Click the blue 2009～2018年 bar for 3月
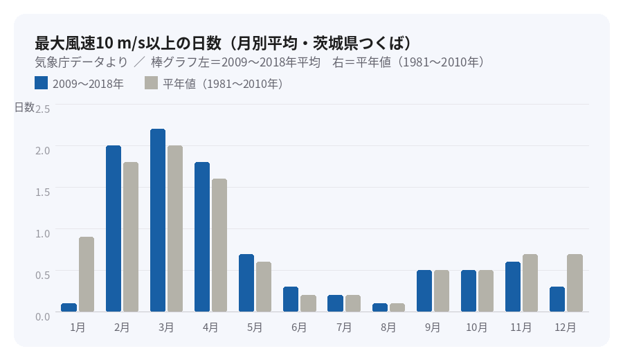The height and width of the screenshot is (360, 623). click(x=158, y=220)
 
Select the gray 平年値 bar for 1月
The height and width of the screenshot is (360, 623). click(x=87, y=274)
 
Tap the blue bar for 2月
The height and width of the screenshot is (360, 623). click(x=114, y=228)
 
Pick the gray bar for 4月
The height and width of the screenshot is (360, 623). click(x=219, y=245)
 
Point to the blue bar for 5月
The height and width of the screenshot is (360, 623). click(x=246, y=283)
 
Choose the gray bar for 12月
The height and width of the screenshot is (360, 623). click(x=575, y=283)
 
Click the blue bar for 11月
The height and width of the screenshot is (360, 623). click(x=513, y=287)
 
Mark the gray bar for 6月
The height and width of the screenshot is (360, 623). click(x=308, y=303)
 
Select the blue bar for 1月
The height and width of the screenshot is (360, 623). click(x=69, y=307)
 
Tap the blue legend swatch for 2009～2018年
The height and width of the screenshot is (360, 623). click(x=41, y=83)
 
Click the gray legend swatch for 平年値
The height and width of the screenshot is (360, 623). click(x=152, y=83)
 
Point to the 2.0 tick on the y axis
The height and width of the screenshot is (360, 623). click(x=43, y=150)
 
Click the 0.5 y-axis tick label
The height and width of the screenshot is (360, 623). click(x=43, y=274)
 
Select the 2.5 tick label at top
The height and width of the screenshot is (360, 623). click(x=43, y=109)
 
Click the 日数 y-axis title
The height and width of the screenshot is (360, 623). click(x=24, y=107)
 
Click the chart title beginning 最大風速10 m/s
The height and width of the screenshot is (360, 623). click(x=224, y=42)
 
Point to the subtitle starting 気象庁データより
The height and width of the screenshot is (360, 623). click(x=260, y=62)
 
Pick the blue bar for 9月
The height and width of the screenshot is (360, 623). click(x=424, y=291)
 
